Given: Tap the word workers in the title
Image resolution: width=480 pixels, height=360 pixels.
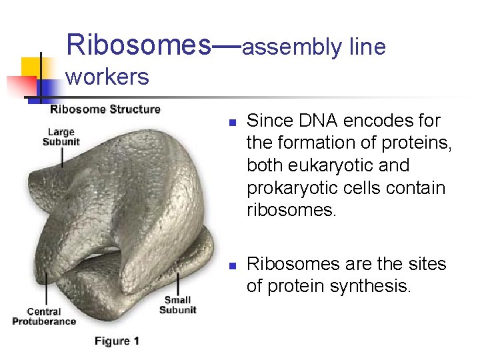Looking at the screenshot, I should point(107,77).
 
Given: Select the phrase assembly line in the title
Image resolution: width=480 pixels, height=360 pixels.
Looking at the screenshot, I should point(313,47).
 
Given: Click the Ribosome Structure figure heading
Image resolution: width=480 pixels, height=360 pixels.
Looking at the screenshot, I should point(105,109).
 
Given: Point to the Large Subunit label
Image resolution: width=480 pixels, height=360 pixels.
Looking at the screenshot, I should point(61,137).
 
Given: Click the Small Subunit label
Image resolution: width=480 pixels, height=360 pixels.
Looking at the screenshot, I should point(178,305).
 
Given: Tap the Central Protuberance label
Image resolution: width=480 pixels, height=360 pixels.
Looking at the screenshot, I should point(43,316).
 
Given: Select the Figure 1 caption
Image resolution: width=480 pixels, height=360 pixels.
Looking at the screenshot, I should point(117,341).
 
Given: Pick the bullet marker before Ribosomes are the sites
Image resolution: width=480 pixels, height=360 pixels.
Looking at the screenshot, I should point(231,266).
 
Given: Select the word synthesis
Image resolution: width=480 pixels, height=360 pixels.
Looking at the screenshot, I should point(383,286).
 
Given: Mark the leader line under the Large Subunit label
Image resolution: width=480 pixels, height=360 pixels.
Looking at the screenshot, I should point(63,157).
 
